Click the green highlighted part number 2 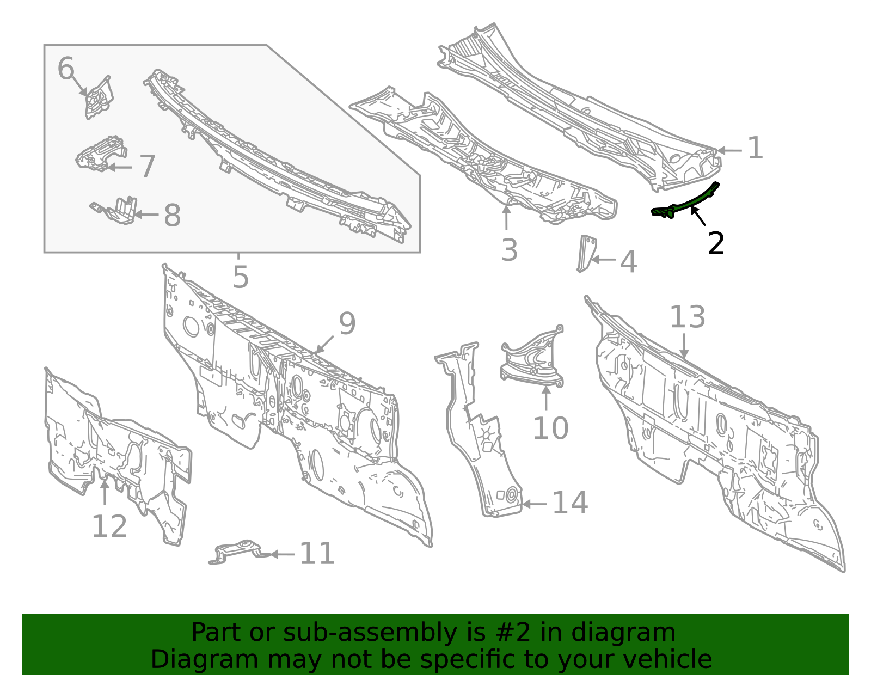687,203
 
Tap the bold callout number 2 716,243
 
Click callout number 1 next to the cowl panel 755,149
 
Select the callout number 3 509,250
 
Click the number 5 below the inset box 240,277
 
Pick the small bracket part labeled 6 99,98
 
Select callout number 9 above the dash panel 347,323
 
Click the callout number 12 109,526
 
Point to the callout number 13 687,317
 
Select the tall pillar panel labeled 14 479,436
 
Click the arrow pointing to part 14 535,504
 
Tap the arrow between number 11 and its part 282,554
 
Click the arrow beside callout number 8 146,215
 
